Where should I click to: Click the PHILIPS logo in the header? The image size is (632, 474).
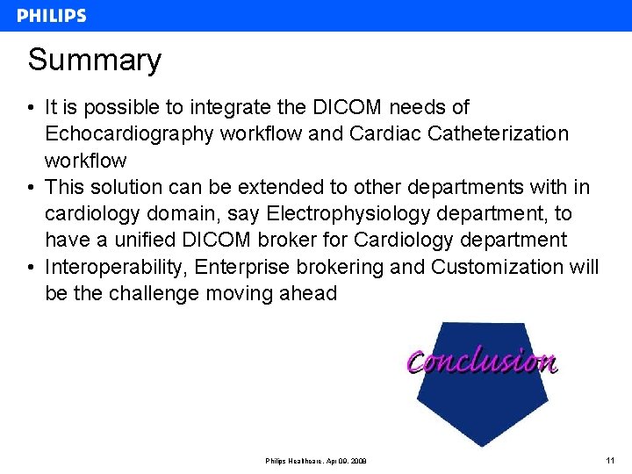tap(52, 16)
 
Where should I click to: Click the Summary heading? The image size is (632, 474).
tap(95, 61)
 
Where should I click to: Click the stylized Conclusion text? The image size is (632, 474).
tap(482, 361)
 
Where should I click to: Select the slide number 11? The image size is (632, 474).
tap(610, 460)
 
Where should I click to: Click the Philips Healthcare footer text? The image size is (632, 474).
tap(316, 461)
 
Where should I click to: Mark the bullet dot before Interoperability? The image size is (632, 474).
tap(31, 267)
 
